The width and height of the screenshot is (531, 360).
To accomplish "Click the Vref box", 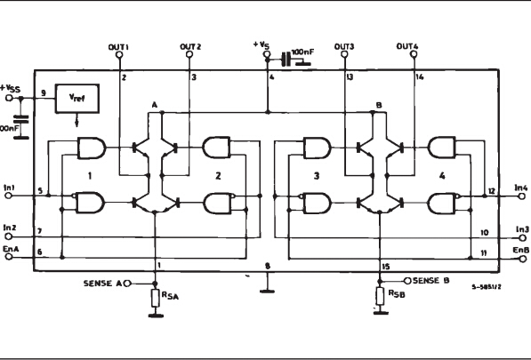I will (76, 100).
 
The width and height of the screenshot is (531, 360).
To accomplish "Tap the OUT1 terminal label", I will (120, 46).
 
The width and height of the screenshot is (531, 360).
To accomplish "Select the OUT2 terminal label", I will (189, 46).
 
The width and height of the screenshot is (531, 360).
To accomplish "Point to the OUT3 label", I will (344, 46).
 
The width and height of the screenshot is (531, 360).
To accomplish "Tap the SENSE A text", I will (101, 283).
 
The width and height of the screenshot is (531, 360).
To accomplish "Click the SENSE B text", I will (434, 279).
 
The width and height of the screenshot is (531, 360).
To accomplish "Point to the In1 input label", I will (10, 188).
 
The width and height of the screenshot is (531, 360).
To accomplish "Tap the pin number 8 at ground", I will (268, 266).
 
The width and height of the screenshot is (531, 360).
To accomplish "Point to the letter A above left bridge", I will (154, 105).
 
